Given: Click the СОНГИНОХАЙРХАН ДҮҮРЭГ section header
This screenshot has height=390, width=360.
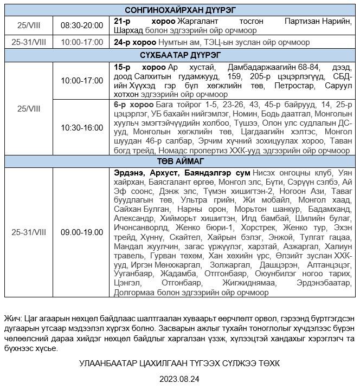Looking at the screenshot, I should [x=180, y=10].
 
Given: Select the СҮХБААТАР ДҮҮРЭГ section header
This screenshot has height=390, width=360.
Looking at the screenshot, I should [x=180, y=55].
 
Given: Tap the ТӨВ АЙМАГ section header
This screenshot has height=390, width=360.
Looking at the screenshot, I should [x=180, y=161].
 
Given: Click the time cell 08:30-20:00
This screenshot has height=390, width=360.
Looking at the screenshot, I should [x=81, y=25].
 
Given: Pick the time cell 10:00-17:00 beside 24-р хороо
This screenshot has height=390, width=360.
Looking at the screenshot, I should [x=81, y=42].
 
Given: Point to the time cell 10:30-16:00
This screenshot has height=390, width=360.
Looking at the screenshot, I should [x=81, y=128].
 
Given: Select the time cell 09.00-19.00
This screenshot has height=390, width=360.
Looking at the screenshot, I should [x=81, y=232].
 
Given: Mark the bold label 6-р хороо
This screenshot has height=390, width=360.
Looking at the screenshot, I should [x=133, y=104].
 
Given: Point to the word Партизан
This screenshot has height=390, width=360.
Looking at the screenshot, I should [x=301, y=21].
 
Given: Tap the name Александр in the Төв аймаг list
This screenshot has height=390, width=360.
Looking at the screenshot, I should [x=134, y=218].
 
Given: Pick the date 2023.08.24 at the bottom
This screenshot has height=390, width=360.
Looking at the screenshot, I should [x=180, y=379].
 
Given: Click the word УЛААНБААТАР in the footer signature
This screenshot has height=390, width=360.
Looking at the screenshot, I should [x=106, y=362].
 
